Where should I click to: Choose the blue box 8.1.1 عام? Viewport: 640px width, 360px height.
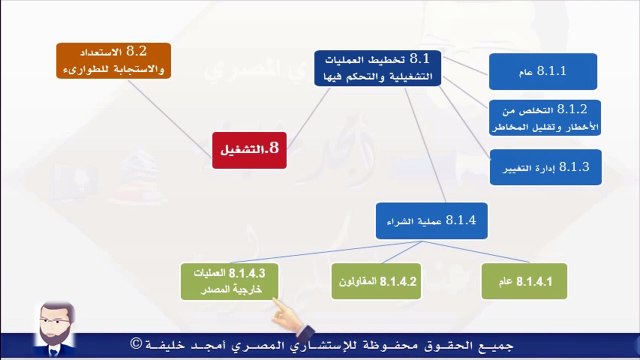pos(543,72)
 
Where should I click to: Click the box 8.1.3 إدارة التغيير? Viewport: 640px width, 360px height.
pos(545,166)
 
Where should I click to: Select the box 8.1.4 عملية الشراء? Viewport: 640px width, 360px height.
pos(432,220)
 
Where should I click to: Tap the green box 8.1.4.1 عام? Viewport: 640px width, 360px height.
pos(524,281)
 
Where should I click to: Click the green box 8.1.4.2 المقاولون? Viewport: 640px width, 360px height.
pos(375,281)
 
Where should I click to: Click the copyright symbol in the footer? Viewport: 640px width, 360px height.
pos(135,345)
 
